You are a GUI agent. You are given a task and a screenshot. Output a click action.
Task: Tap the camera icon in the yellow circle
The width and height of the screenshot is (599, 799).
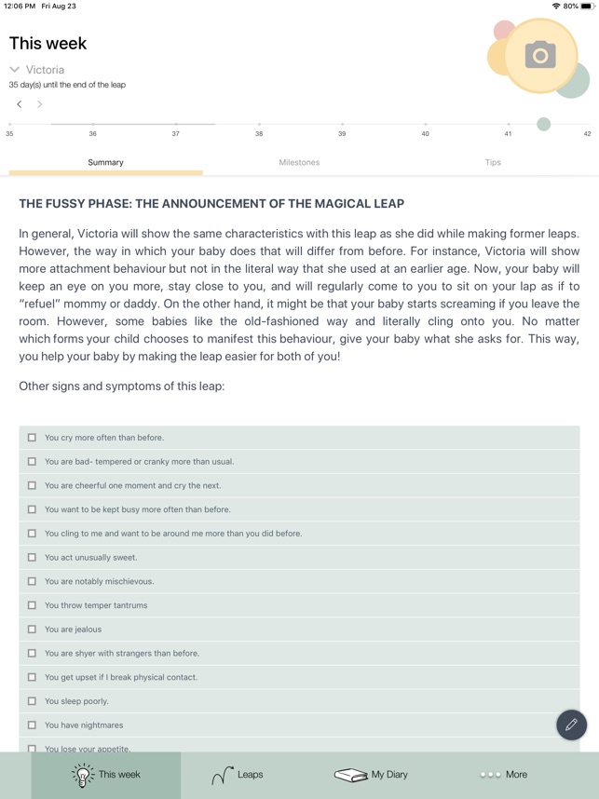[x=540, y=55]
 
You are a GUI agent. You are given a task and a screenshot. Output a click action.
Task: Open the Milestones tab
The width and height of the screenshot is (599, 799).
[x=299, y=162]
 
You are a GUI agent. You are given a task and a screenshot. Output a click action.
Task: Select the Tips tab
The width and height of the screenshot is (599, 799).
[x=493, y=162]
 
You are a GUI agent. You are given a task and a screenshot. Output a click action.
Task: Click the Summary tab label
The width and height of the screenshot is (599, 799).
[x=105, y=162]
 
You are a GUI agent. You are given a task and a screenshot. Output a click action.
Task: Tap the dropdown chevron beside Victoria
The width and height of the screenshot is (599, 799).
[x=15, y=70]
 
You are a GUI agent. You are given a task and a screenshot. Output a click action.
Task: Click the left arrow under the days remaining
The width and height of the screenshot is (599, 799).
[x=20, y=104]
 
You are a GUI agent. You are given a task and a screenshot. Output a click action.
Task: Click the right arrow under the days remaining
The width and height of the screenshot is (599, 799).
[x=39, y=104]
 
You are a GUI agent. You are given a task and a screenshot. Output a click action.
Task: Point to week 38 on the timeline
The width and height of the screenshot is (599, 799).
[x=259, y=125]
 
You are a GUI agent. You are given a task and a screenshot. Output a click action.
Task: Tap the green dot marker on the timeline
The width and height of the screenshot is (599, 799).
[x=543, y=124]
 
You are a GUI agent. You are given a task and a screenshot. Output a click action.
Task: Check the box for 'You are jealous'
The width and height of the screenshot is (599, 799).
[x=32, y=630]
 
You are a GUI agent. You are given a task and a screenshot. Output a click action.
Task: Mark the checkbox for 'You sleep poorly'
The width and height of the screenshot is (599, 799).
[x=32, y=701]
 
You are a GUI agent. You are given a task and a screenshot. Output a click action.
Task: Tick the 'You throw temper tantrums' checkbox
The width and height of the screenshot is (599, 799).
[x=32, y=605]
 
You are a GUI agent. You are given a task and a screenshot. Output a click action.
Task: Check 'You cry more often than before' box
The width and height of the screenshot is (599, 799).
[x=32, y=438]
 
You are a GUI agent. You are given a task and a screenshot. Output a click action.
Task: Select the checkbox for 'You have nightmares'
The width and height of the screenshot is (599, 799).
[x=32, y=725]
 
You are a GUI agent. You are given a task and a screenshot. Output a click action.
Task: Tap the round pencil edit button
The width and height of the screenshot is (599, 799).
[x=571, y=725]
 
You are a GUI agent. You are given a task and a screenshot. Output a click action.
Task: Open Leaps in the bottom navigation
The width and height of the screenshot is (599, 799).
[x=238, y=775]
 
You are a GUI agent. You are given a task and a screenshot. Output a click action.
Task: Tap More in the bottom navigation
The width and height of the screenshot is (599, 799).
[x=503, y=775]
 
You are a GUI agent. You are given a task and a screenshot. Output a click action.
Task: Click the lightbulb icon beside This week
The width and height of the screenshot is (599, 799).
[x=83, y=775]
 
